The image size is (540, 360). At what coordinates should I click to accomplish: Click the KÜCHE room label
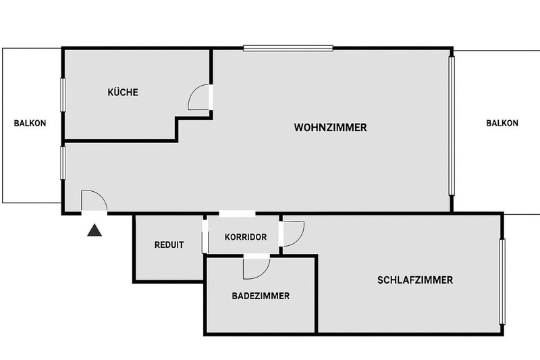click(x=123, y=93)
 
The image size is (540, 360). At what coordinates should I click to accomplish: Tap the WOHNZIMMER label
click(x=331, y=127)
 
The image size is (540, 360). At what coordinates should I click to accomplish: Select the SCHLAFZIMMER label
click(x=414, y=280)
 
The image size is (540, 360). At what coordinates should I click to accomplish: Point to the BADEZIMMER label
click(x=261, y=296)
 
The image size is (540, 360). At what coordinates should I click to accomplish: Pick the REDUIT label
click(x=169, y=245)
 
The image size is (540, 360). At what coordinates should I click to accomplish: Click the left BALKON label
click(x=30, y=123)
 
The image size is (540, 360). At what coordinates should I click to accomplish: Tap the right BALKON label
click(x=502, y=123)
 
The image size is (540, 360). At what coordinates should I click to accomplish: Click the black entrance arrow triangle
click(x=94, y=231)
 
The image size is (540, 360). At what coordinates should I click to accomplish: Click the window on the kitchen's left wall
click(x=63, y=95)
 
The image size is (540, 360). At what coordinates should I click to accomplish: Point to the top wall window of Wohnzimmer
click(x=288, y=47)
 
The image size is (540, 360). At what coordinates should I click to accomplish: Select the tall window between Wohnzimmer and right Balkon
click(x=452, y=126)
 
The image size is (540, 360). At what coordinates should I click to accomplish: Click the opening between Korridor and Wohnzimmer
click(x=237, y=214)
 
